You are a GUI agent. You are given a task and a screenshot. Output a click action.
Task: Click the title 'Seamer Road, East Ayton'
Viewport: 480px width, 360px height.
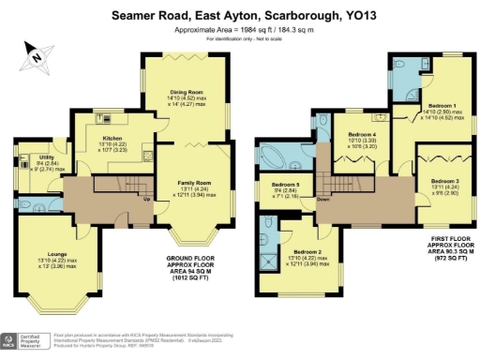pyautogui.click(x=240, y=15)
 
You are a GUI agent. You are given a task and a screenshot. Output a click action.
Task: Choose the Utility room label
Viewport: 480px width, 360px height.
pyautogui.click(x=45, y=157)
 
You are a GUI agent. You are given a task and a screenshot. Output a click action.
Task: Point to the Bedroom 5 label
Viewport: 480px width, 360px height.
pyautogui.click(x=284, y=184)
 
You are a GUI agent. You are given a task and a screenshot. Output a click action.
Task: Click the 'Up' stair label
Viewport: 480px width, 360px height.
pyautogui.click(x=146, y=199)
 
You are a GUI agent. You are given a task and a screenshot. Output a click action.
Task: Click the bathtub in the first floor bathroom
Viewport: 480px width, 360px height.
pyautogui.click(x=278, y=155)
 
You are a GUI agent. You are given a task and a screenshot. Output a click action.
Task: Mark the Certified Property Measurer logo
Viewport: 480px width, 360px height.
pyautogui.click(x=24, y=342)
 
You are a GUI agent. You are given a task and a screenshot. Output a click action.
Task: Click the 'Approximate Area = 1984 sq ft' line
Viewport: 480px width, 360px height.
pyautogui.click(x=240, y=29)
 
